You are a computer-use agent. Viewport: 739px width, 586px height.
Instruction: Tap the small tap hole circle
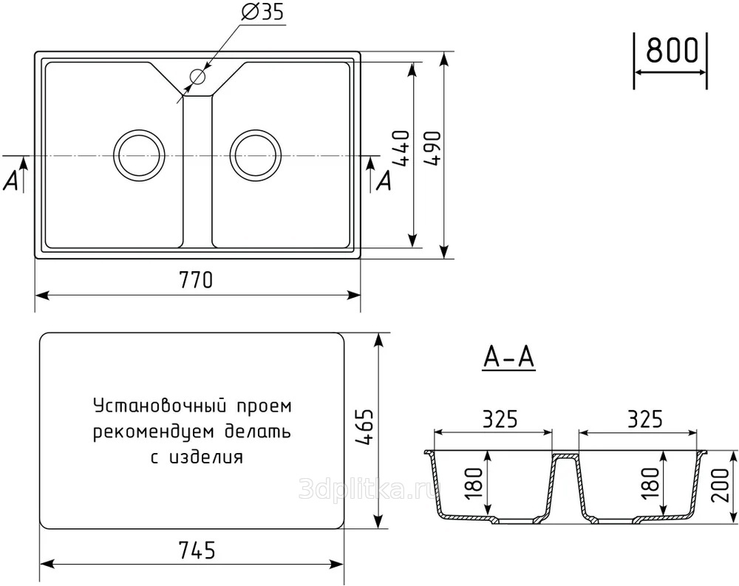click(x=198, y=76)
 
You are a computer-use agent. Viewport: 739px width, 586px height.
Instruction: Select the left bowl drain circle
click(x=140, y=155)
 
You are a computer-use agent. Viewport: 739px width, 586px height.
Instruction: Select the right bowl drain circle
click(x=256, y=155)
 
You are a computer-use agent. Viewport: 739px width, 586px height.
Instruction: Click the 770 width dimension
click(x=196, y=280)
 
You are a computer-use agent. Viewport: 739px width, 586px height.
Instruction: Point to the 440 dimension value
click(x=401, y=148)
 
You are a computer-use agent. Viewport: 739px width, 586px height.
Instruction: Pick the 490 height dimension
click(x=432, y=148)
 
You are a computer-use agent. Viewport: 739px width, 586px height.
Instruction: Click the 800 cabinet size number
click(x=672, y=50)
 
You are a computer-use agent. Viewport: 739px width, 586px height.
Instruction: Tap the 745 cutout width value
click(x=197, y=550)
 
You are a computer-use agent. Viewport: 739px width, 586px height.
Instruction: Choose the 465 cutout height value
click(x=364, y=427)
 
